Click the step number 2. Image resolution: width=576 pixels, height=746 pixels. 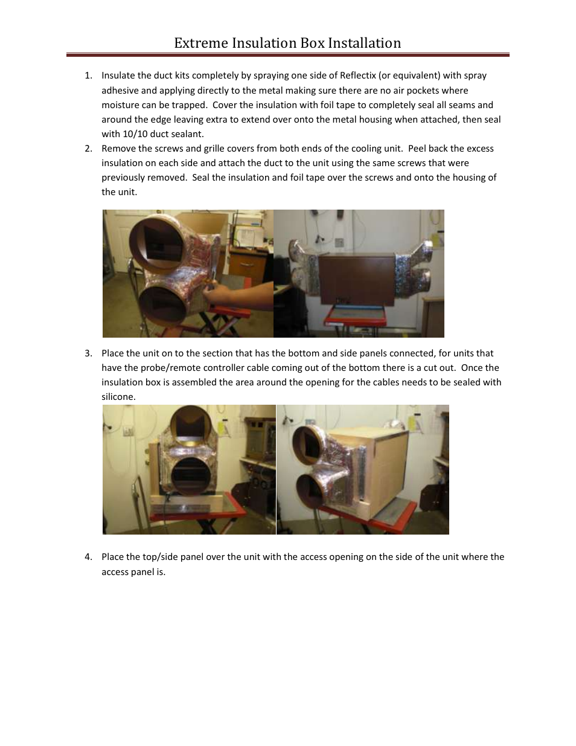point(88,149)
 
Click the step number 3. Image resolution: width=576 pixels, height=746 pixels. point(88,353)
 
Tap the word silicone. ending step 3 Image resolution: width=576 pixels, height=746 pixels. point(118,397)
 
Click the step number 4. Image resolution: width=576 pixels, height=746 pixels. point(88,557)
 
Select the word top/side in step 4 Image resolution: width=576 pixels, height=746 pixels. point(161,557)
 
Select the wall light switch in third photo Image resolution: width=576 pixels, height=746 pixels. point(128,431)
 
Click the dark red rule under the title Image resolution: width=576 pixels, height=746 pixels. point(287,55)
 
